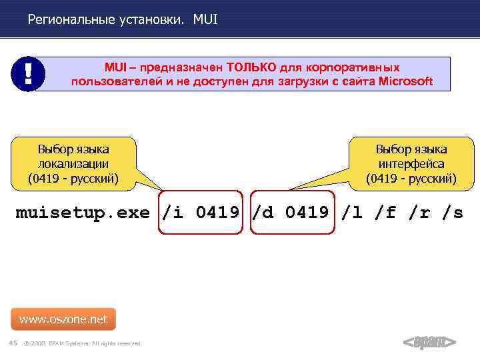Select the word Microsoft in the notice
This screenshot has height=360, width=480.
[x=405, y=82]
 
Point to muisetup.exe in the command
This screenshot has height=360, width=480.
[x=83, y=213]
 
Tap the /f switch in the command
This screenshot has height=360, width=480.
[x=387, y=213]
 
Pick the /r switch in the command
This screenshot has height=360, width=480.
[x=421, y=213]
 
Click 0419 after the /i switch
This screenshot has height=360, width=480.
[x=217, y=213]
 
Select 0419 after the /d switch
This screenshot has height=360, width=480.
[x=307, y=213]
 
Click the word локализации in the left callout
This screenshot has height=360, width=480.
[x=73, y=164]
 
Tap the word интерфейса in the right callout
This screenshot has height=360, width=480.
[x=411, y=164]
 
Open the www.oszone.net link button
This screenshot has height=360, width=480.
[x=63, y=319]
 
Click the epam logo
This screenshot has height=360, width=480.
[x=430, y=343]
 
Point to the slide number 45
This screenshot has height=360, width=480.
[x=13, y=343]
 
